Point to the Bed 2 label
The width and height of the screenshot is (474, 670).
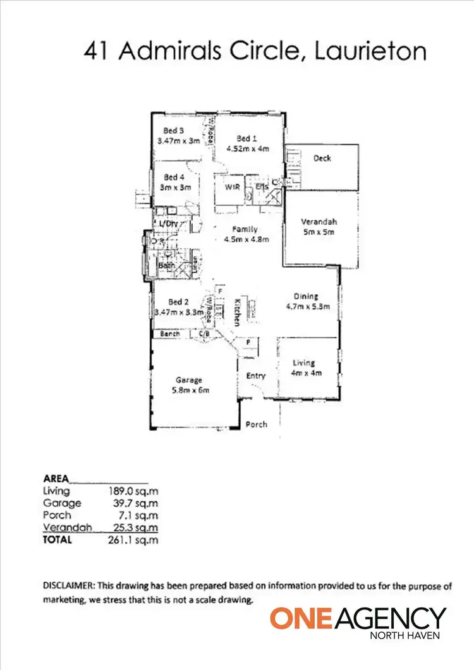point(167,301)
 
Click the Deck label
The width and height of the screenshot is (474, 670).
point(322,159)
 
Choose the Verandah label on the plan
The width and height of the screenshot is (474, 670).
point(318,222)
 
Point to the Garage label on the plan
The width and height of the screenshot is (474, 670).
point(188,380)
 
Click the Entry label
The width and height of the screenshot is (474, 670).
point(255,376)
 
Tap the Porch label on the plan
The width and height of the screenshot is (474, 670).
point(257,424)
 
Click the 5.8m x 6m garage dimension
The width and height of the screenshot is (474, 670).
point(188,390)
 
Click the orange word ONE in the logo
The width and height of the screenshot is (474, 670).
point(295,618)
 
